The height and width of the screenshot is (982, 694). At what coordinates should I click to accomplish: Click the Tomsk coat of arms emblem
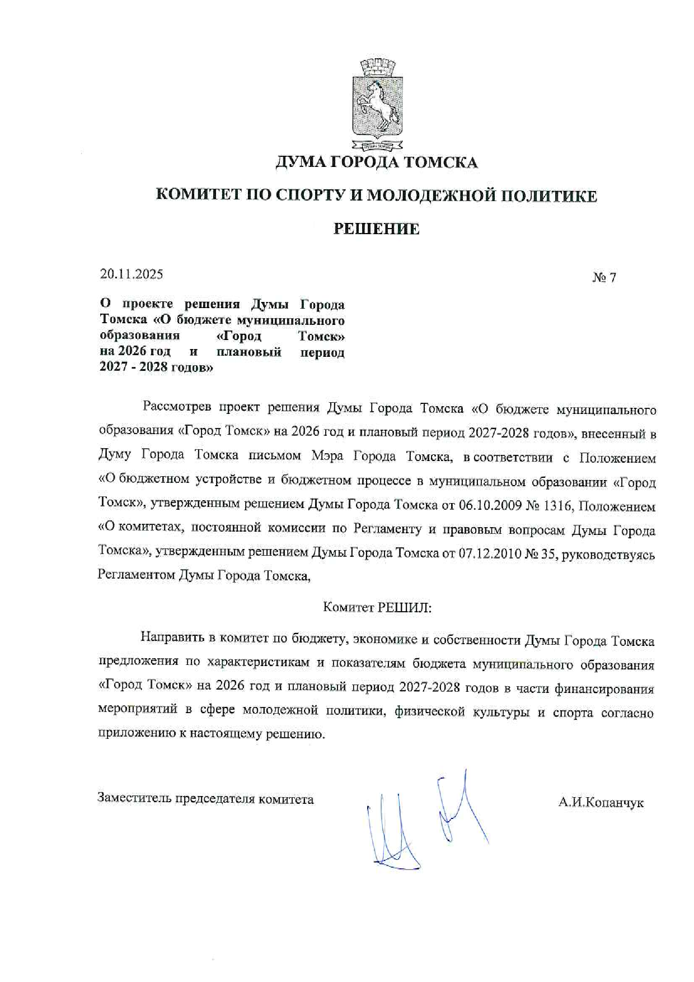376,105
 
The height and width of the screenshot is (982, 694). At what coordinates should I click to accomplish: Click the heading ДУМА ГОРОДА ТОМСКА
376,162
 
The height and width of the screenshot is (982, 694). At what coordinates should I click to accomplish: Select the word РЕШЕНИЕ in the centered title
376,229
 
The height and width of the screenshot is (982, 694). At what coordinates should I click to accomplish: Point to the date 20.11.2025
132,274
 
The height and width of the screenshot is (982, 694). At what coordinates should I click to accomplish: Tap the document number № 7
604,277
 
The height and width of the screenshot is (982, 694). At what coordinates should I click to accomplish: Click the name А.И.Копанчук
601,803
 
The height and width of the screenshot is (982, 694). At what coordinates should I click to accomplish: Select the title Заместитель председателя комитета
205,799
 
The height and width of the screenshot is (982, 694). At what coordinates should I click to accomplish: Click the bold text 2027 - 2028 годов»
156,368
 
